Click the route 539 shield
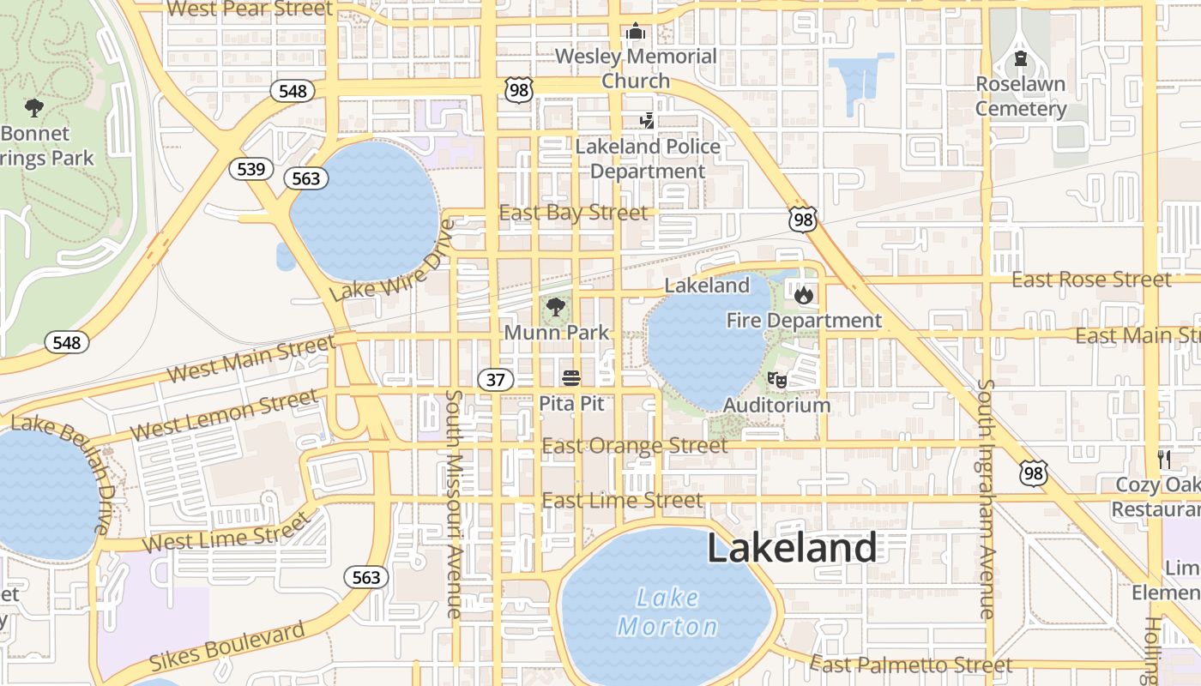pyautogui.click(x=250, y=169)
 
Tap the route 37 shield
pyautogui.click(x=496, y=379)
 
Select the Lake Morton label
pyautogui.click(x=668, y=612)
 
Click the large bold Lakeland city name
pyautogui.click(x=792, y=548)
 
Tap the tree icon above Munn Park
pyautogui.click(x=556, y=307)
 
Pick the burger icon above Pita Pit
pyautogui.click(x=571, y=378)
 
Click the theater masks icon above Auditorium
pyautogui.click(x=777, y=379)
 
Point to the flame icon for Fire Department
pyautogui.click(x=803, y=296)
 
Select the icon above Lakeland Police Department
pyautogui.click(x=648, y=122)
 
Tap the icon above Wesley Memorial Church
pyautogui.click(x=635, y=32)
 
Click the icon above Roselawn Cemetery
pyautogui.click(x=1020, y=58)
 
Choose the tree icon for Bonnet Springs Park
pyautogui.click(x=34, y=107)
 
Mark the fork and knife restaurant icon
pyautogui.click(x=1163, y=459)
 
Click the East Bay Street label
pyautogui.click(x=573, y=213)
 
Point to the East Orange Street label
pyautogui.click(x=635, y=446)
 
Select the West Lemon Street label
pyautogui.click(x=224, y=414)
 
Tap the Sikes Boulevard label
pyautogui.click(x=227, y=647)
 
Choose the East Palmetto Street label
pyautogui.click(x=911, y=665)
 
